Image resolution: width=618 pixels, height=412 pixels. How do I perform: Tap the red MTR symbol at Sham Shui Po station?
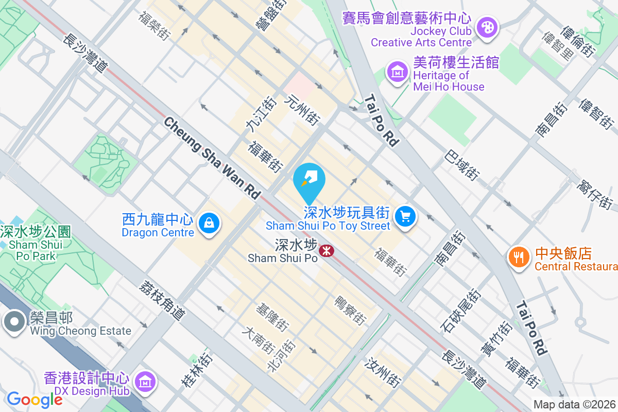tap(326, 251)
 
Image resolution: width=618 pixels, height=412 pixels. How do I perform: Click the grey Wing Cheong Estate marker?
tap(14, 322)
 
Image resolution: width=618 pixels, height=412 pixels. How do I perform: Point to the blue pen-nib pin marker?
tap(309, 179)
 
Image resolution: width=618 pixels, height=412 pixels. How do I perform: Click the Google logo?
tap(35, 399)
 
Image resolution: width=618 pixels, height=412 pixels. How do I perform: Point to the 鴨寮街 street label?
tap(350, 310)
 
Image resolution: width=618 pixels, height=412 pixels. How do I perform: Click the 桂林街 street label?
tap(196, 369)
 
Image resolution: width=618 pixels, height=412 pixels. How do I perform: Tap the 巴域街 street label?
tap(461, 164)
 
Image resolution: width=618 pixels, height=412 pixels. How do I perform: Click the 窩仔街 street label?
tap(595, 194)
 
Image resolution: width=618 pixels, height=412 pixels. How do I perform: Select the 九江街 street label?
tap(255, 117)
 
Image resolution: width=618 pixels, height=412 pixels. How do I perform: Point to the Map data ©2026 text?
tap(575, 405)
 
